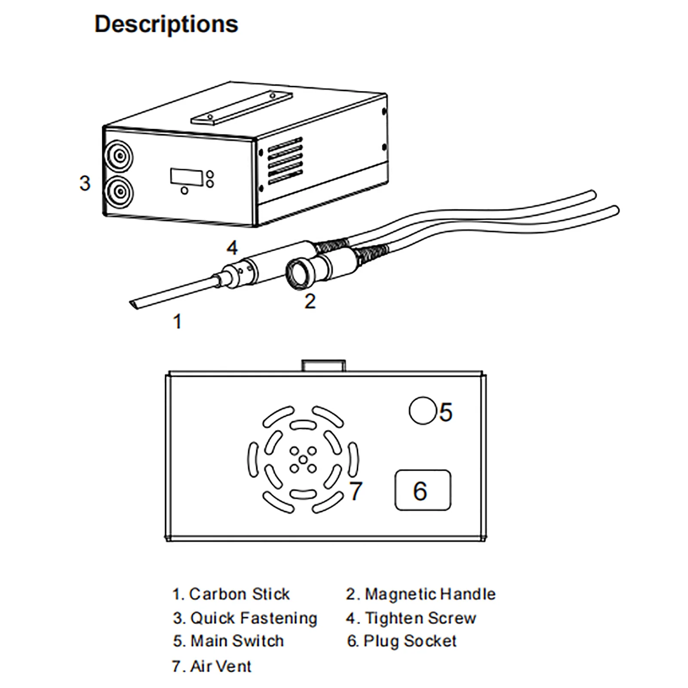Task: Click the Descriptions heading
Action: pos(166,24)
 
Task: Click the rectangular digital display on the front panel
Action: pos(187,177)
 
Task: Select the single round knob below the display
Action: pos(184,190)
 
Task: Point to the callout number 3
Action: pos(85,183)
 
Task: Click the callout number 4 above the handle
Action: pos(232,248)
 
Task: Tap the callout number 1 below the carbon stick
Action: pos(177,322)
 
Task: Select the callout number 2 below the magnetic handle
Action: pos(310,301)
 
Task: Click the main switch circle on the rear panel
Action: pos(422,411)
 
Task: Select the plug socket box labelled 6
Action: pos(423,490)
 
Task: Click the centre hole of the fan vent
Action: pos(303,460)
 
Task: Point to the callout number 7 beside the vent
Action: pos(356,491)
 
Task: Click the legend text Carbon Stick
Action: pos(239,594)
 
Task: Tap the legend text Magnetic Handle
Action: pos(430,594)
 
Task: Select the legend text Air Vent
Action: pos(220,666)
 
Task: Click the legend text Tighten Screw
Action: pos(420,618)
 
